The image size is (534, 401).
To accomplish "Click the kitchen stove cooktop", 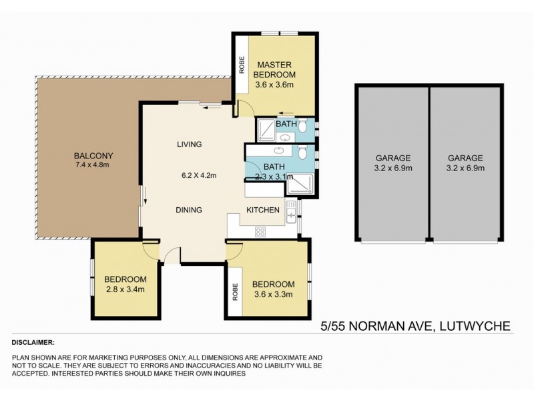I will click(261, 232).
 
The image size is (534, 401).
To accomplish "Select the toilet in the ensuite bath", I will click(302, 125).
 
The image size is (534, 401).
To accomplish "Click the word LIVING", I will click(189, 144).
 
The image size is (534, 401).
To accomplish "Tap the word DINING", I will click(189, 210).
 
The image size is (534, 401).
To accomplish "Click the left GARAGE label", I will click(392, 158).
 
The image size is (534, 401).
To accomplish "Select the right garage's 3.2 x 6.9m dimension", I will click(466, 168).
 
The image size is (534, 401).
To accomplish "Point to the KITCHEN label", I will click(262, 210).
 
